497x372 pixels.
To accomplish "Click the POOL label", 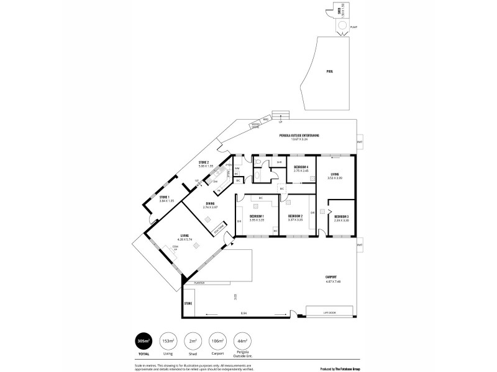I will [x=330, y=72].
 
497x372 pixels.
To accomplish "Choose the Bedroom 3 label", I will [x=341, y=217].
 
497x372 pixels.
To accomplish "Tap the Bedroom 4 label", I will [x=301, y=167].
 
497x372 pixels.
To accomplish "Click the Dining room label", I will [x=209, y=204].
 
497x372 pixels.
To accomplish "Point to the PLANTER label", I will [x=199, y=283].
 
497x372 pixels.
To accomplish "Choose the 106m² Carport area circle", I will [x=217, y=341].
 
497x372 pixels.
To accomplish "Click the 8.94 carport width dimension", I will [x=244, y=313].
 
